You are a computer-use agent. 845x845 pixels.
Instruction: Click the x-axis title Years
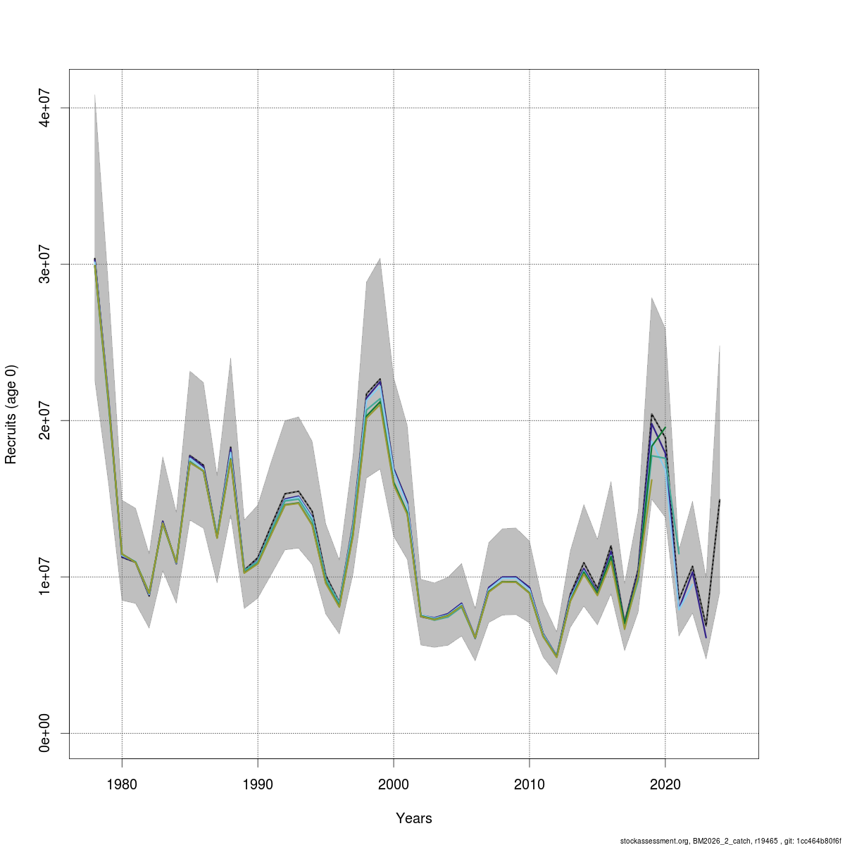pyautogui.click(x=414, y=818)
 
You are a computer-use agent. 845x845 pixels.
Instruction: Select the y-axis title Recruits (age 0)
pyautogui.click(x=11, y=414)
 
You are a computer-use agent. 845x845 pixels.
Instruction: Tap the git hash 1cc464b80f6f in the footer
pyautogui.click(x=820, y=841)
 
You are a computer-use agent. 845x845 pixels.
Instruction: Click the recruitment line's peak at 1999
pyautogui.click(x=380, y=380)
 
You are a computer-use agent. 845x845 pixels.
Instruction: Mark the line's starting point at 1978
pyautogui.click(x=95, y=261)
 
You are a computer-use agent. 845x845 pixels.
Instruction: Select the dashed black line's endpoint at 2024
pyautogui.click(x=720, y=499)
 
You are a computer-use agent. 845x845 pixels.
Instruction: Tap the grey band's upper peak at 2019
pyautogui.click(x=651, y=298)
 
